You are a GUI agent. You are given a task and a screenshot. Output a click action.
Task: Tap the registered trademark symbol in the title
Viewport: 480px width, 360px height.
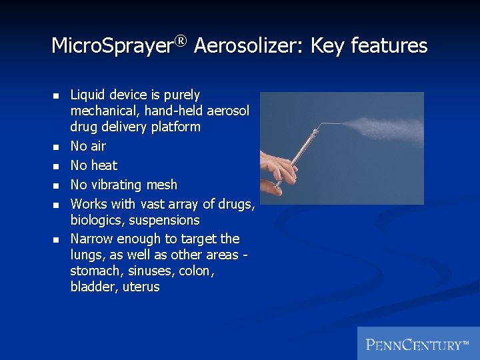(180, 41)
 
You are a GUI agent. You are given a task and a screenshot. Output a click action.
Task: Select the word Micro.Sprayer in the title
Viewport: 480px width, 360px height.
(112, 47)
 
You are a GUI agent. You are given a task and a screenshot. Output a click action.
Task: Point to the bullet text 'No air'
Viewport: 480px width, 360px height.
(88, 146)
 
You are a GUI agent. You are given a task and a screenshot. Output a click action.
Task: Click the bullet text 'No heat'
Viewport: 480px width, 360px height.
(93, 165)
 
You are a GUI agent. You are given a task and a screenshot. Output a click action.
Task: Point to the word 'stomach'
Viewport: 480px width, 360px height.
(93, 271)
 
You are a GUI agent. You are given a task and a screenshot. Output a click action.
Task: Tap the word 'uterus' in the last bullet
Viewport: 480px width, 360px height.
(142, 287)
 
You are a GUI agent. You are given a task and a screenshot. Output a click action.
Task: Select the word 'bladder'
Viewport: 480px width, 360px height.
(92, 287)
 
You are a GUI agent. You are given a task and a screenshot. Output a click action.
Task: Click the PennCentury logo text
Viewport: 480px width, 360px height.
(417, 344)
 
